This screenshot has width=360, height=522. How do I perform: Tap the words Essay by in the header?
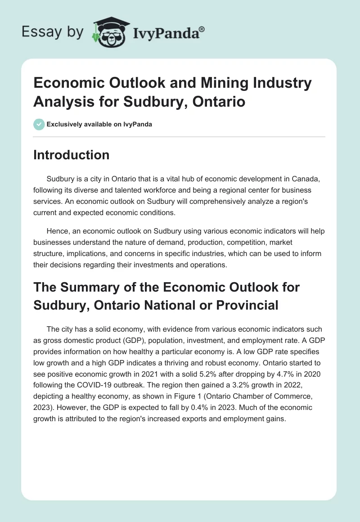53,32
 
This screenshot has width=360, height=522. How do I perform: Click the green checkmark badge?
39,124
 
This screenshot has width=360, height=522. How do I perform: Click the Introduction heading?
72,155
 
